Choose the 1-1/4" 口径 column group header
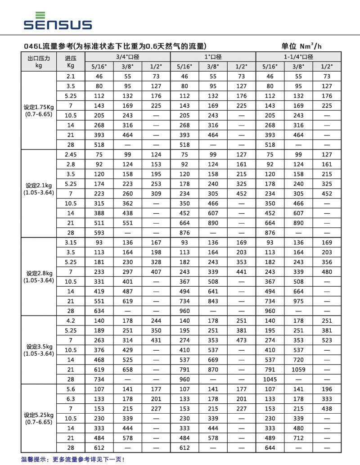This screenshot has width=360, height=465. click(298, 57)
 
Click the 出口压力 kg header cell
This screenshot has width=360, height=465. click(38, 62)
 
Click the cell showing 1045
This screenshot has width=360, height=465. click(270, 379)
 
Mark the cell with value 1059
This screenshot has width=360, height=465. click(298, 370)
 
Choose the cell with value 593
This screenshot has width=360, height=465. click(99, 233)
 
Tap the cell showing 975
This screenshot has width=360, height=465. click(298, 301)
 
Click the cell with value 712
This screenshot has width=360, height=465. click(298, 438)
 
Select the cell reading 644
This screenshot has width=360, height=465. click(270, 448)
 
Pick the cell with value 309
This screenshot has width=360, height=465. click(156, 194)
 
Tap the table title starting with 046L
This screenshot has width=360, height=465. click(115, 46)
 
